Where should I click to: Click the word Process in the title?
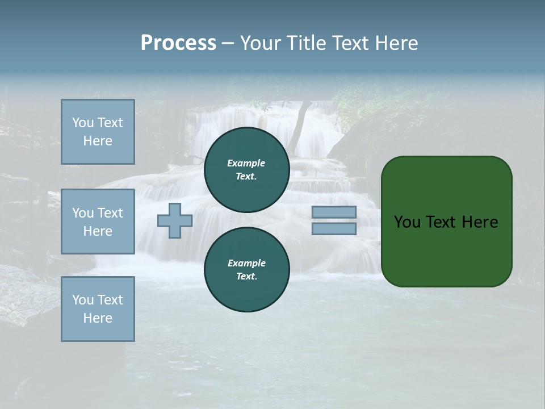click(178, 43)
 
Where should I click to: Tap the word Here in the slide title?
click(396, 43)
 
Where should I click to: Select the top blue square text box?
click(98, 132)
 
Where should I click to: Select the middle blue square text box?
click(98, 222)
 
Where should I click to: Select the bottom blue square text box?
click(98, 309)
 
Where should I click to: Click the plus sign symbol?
click(174, 221)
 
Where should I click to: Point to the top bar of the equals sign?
click(334, 212)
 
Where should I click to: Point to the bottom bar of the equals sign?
click(334, 229)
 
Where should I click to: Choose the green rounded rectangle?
click(447, 250)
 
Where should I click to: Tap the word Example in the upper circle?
click(246, 163)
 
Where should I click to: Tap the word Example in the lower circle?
click(246, 263)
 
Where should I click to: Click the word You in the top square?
click(82, 123)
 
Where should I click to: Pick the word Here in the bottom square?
click(98, 318)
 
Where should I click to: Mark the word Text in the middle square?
click(110, 213)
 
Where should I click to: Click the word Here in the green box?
click(480, 222)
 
